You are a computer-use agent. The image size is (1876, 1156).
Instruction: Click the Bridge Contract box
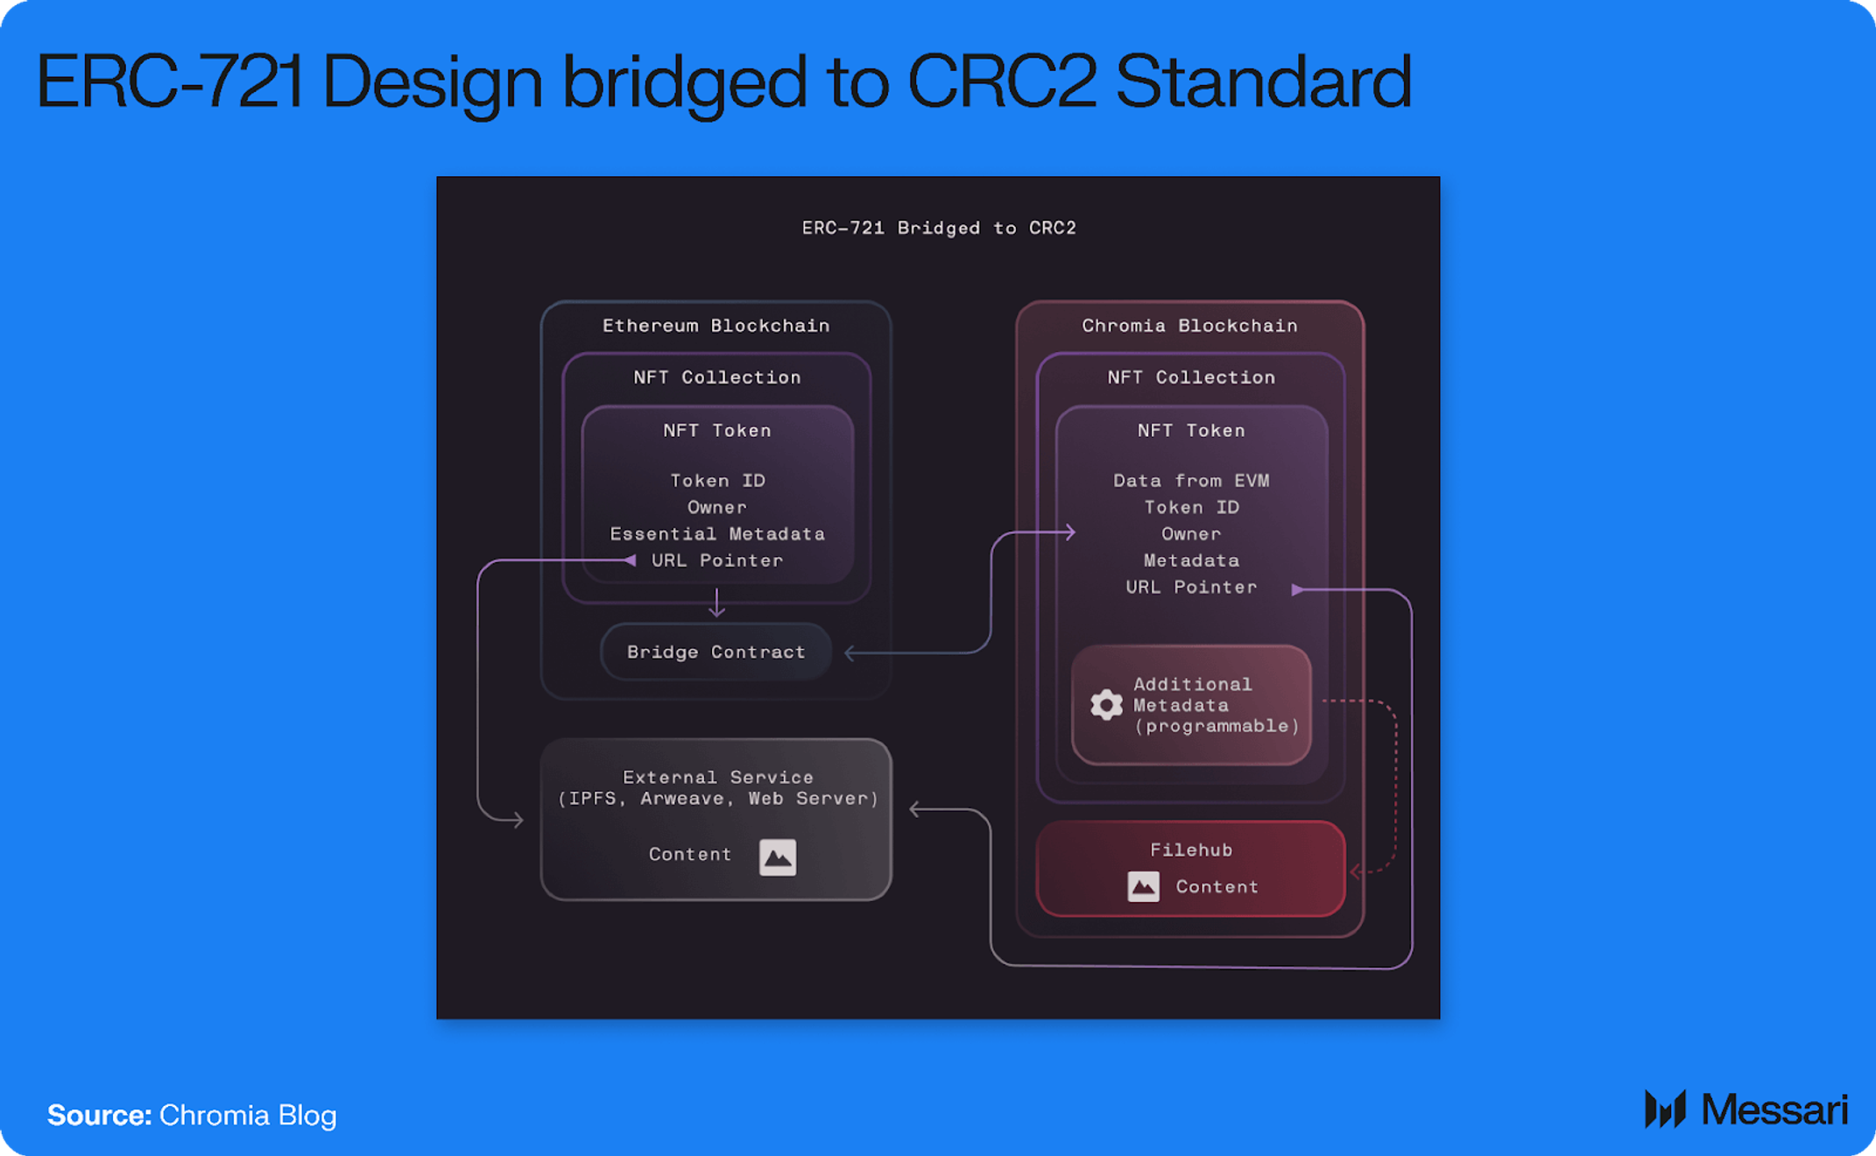716,652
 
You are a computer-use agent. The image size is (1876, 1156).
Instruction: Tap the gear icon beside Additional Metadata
1106,704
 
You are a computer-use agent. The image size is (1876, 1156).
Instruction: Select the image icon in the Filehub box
1143,886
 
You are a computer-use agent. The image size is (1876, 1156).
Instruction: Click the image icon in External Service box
777,856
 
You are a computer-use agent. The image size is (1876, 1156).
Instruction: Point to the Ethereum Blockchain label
716,326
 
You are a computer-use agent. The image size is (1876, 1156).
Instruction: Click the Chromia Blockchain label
1189,326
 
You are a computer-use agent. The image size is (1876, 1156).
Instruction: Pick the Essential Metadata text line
717,534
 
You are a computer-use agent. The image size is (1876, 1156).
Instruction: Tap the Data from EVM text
1191,481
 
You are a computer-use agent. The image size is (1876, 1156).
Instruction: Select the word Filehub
1191,849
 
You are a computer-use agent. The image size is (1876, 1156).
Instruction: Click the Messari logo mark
1665,1110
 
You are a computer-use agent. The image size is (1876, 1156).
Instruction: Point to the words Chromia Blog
248,1115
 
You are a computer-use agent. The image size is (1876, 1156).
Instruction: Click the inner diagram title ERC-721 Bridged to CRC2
939,228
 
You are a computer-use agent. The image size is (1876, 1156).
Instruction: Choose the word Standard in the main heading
1263,81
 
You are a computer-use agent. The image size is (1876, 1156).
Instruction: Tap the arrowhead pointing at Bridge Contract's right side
850,652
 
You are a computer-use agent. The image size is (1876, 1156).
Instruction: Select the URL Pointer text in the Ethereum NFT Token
717,560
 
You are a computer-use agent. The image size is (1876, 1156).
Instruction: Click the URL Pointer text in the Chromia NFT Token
1191,587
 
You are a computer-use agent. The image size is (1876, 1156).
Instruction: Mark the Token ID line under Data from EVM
1191,507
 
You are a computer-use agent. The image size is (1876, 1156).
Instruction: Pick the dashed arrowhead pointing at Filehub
1356,871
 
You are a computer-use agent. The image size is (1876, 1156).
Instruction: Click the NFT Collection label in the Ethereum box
716,377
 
